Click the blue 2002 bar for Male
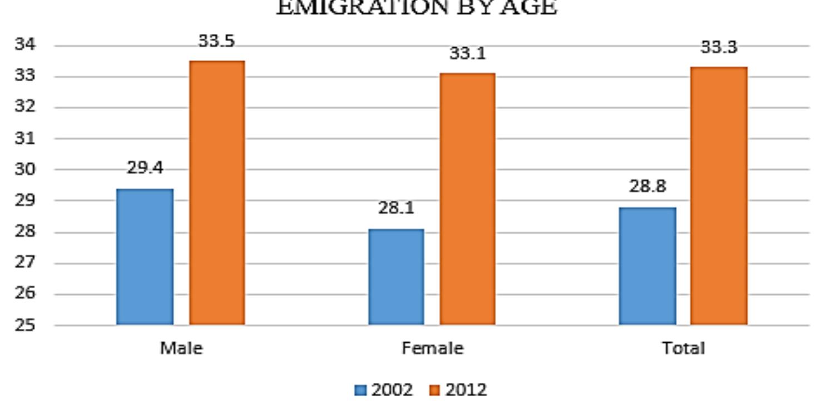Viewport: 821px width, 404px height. (145, 257)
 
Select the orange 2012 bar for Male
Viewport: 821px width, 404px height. (217, 193)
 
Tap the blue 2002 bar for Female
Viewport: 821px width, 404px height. (396, 277)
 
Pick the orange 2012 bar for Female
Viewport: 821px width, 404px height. (468, 199)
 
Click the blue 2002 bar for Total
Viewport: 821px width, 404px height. (647, 266)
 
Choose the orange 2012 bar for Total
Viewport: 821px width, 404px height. (719, 195)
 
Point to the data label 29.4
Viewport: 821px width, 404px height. (145, 168)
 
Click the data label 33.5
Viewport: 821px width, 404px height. (217, 41)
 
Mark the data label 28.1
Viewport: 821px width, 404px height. (396, 208)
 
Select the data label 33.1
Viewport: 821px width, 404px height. (468, 53)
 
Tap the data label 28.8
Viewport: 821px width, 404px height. (647, 186)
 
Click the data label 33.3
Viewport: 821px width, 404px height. (719, 47)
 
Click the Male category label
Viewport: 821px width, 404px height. (181, 349)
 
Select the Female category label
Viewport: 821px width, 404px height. (432, 349)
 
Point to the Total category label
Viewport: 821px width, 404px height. (683, 349)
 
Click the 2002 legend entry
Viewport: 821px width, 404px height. (384, 390)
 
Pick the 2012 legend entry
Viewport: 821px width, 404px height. (459, 390)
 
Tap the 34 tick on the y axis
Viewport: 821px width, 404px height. (24, 45)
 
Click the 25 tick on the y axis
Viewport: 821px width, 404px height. (24, 325)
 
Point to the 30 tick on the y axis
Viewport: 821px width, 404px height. (24, 169)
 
